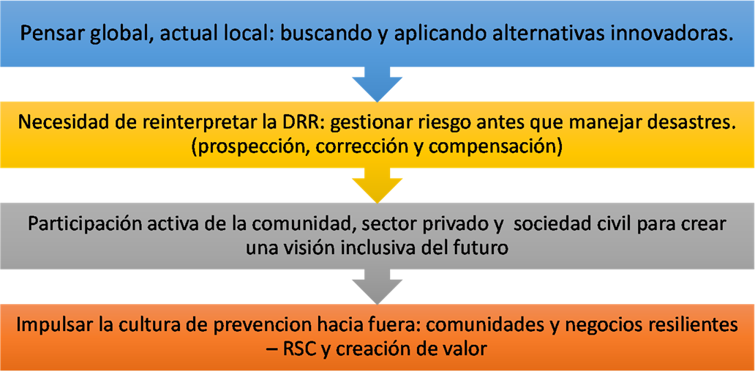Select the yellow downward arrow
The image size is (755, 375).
coord(377,185)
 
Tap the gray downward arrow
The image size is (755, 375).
coord(377,287)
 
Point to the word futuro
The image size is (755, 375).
coord(481,250)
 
